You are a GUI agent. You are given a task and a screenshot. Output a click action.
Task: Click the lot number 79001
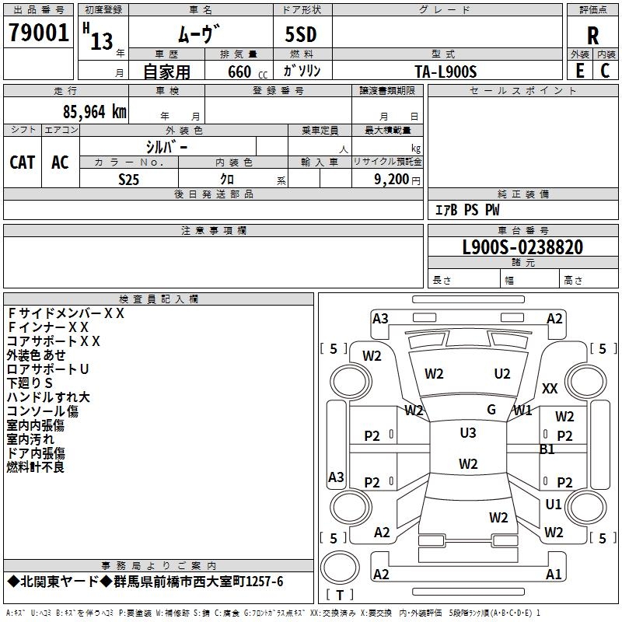click(x=38, y=33)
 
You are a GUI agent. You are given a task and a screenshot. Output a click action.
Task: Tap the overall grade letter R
click(x=592, y=35)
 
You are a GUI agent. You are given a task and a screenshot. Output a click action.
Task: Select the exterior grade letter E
click(x=579, y=70)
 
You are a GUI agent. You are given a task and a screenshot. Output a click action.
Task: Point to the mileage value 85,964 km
click(x=89, y=112)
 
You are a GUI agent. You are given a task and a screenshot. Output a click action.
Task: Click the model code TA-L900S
click(x=446, y=72)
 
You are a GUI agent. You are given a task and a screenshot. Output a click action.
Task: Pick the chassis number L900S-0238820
click(x=522, y=247)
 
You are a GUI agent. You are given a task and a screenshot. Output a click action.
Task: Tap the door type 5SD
click(x=301, y=35)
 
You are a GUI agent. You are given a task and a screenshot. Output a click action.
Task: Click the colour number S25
click(x=129, y=180)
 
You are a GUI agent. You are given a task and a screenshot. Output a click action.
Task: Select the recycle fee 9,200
click(x=392, y=180)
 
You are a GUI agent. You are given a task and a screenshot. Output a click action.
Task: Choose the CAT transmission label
click(x=23, y=162)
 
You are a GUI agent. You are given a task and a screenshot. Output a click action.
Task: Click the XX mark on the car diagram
click(x=550, y=388)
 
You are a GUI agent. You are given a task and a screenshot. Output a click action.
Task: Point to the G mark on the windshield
click(x=491, y=410)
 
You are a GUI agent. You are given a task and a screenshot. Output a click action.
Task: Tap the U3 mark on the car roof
click(x=468, y=433)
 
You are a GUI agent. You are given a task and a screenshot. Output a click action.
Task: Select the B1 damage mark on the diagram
click(x=547, y=449)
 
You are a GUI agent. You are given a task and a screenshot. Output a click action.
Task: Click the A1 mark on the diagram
click(x=554, y=575)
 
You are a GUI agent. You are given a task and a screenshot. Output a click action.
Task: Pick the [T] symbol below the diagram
click(x=339, y=595)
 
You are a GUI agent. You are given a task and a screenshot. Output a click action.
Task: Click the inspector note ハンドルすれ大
click(x=48, y=397)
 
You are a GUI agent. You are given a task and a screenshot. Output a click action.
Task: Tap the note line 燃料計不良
click(x=36, y=467)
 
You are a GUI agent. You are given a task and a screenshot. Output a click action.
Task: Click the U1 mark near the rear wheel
click(x=554, y=505)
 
